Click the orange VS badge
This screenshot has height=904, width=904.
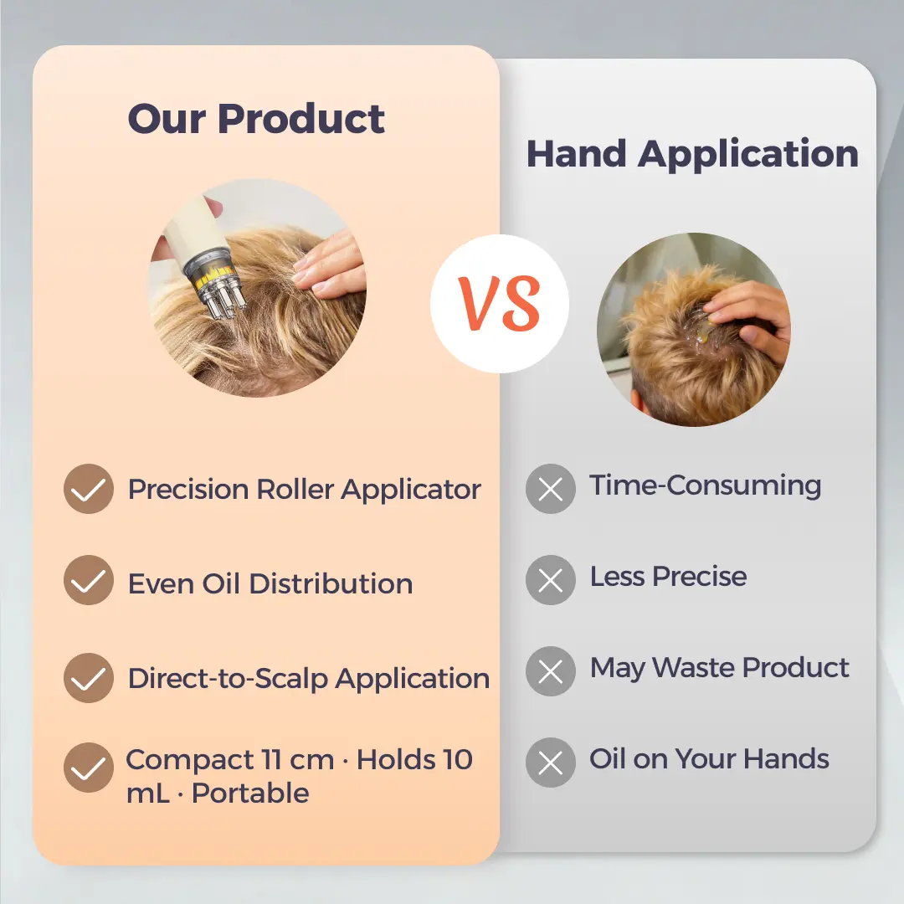[499, 304]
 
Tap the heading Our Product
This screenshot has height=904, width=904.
[256, 119]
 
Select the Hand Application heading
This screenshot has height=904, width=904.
[692, 155]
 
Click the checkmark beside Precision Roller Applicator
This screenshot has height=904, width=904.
[88, 489]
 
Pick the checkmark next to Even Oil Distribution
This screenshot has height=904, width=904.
[88, 580]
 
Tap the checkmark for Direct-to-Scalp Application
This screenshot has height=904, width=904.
[88, 678]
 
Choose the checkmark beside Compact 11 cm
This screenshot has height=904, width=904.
[88, 768]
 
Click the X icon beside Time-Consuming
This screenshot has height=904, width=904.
[551, 489]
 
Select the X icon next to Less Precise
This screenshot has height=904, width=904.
[551, 580]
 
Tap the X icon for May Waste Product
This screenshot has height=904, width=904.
[551, 671]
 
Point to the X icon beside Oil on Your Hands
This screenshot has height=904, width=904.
[551, 763]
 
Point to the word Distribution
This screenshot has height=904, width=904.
[331, 583]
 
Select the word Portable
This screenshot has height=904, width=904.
[250, 794]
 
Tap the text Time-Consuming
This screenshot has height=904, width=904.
[705, 485]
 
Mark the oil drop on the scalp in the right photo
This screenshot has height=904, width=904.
[705, 333]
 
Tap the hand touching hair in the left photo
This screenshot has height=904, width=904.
[330, 266]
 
